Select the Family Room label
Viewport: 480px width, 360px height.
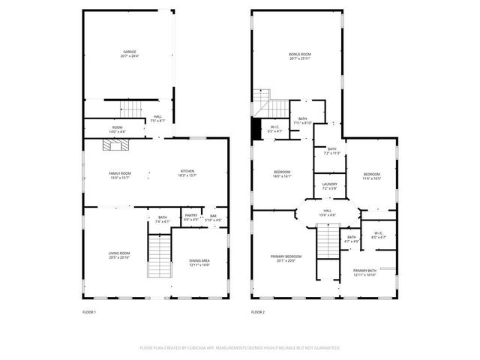[x=120, y=174]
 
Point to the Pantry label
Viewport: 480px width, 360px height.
[x=190, y=217]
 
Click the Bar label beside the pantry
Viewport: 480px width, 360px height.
[x=213, y=217]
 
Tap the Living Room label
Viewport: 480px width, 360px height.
[x=119, y=255]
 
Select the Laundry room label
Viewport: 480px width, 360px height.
[x=329, y=185]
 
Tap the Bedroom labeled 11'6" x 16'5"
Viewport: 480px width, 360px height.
[x=372, y=176]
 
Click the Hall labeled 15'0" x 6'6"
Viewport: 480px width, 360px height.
[x=328, y=213]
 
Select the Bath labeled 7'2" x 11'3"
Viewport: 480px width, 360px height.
[x=331, y=151]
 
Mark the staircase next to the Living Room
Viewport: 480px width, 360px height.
[x=158, y=256]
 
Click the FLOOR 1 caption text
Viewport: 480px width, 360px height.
[x=89, y=311]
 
